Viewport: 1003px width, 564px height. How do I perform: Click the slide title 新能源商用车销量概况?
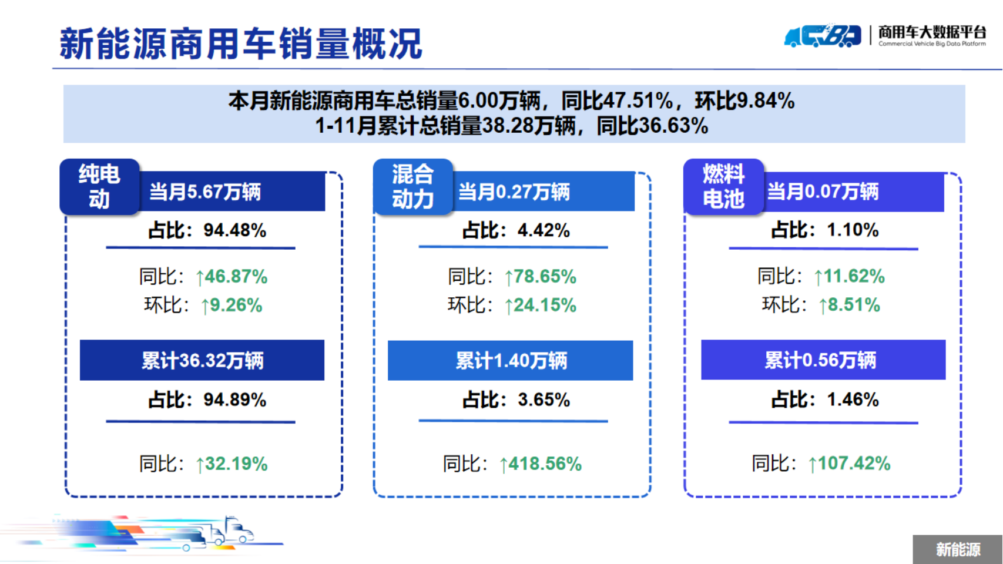tap(241, 43)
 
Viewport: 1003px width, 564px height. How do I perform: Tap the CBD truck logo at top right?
tap(823, 35)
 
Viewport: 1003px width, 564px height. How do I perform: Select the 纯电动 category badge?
tap(99, 187)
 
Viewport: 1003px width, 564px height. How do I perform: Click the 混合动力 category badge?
tap(413, 187)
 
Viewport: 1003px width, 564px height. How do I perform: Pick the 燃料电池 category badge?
tap(723, 187)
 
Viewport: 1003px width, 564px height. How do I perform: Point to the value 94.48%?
tap(235, 230)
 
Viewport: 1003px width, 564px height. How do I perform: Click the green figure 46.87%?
tap(236, 276)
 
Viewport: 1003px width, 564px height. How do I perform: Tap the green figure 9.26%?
tap(236, 305)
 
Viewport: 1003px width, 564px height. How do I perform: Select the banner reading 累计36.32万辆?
tap(202, 360)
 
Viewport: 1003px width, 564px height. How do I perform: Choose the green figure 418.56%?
tap(545, 464)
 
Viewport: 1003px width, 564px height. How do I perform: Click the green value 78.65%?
tap(545, 276)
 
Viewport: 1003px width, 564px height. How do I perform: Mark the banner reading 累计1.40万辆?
tap(511, 360)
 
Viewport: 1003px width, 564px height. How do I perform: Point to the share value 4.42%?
tap(544, 230)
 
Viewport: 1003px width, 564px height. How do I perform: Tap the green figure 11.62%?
tap(854, 276)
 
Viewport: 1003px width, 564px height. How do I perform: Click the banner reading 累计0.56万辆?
tap(823, 360)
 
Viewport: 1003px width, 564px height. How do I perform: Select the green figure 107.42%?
tap(854, 464)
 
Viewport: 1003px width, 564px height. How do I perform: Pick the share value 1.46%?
tap(853, 399)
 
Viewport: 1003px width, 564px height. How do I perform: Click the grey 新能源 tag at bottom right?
tap(958, 549)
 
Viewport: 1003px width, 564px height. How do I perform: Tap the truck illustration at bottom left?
tap(143, 534)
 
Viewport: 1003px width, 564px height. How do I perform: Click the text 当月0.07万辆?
tap(823, 192)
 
